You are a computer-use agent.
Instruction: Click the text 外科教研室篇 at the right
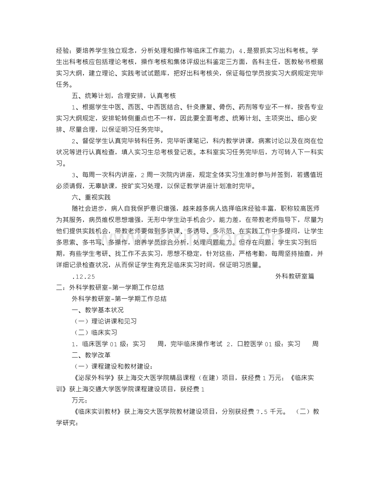(x=294, y=276)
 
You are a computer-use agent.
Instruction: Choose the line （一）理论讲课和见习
(x=105, y=321)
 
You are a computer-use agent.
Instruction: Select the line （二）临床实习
(x=95, y=332)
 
